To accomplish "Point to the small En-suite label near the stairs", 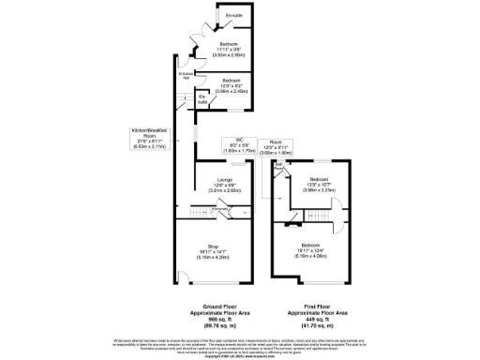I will coord(202,98).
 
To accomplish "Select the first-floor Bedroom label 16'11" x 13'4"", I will coord(318,248).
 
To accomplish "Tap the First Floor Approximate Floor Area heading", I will coord(319,309).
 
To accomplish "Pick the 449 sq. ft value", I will coord(319,318).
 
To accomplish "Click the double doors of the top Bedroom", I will coord(194,52).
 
